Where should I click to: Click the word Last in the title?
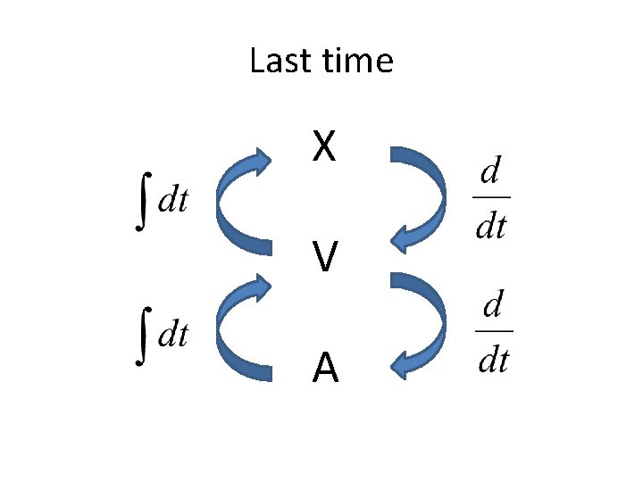click(x=277, y=62)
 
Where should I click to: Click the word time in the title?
click(x=359, y=62)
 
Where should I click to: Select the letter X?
click(x=324, y=147)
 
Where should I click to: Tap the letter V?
click(x=325, y=259)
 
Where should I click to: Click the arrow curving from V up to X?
click(x=230, y=201)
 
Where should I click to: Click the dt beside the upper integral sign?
click(x=172, y=201)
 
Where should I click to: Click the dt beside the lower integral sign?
click(x=172, y=336)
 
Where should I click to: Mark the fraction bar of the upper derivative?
click(x=491, y=196)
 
